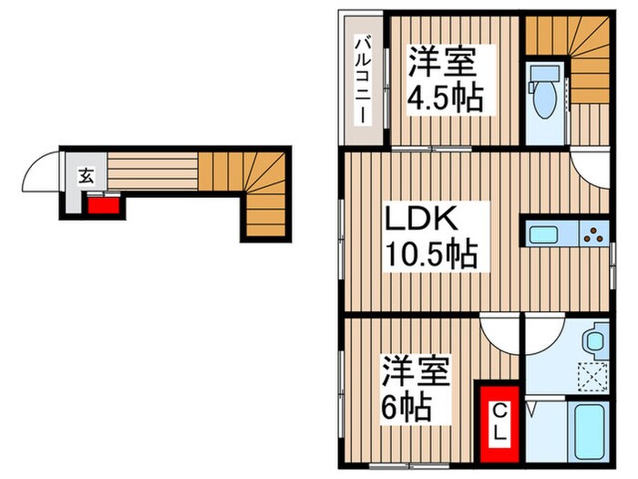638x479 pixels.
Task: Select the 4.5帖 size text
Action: (x=445, y=97)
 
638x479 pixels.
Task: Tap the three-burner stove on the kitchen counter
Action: (x=593, y=234)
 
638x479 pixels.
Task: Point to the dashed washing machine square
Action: (x=593, y=375)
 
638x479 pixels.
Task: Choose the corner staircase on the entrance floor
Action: (x=260, y=196)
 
